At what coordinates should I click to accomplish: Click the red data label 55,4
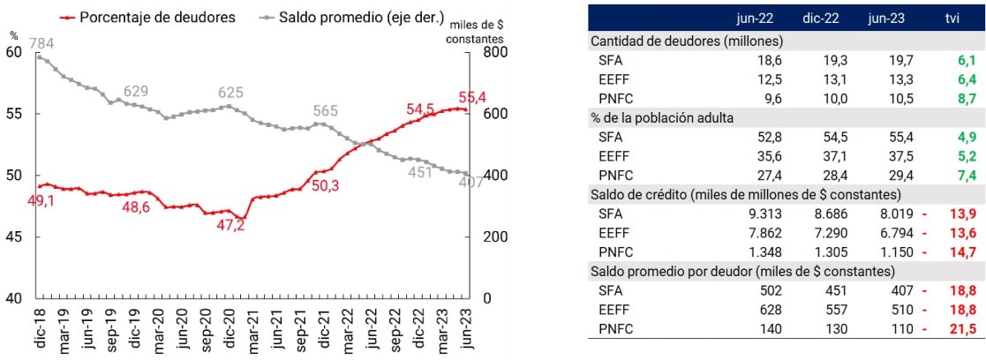tap(473, 97)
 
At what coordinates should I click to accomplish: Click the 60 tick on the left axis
tap(14, 52)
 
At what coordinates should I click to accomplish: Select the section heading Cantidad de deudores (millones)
tap(686, 40)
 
